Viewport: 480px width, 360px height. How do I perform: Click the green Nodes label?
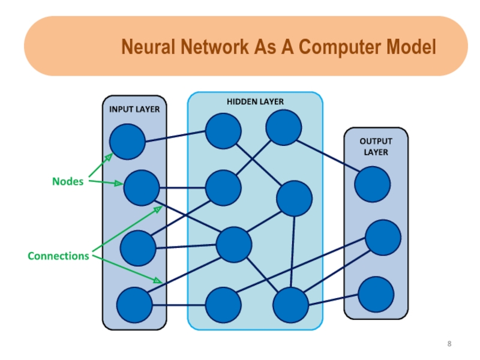[67, 181]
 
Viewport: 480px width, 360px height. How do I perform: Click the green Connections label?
[58, 256]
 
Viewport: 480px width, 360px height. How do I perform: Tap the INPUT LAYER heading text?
[134, 110]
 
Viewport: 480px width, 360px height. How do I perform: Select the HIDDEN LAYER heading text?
[255, 102]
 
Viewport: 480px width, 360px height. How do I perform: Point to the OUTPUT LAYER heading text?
[376, 146]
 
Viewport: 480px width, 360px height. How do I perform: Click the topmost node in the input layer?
[127, 142]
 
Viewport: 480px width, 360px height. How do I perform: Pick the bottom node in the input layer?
[134, 305]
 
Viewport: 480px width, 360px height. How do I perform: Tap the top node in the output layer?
[372, 184]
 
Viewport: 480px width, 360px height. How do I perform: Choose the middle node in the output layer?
[383, 238]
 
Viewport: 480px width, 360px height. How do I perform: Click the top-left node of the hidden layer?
[223, 131]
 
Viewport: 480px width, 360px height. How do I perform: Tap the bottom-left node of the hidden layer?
[223, 305]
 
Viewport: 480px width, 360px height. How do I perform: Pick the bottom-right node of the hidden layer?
[291, 305]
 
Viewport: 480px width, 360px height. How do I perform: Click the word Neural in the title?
[147, 47]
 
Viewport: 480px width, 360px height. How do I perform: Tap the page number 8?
[449, 344]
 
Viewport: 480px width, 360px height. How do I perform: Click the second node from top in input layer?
[142, 188]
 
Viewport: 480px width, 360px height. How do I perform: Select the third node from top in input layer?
[137, 248]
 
